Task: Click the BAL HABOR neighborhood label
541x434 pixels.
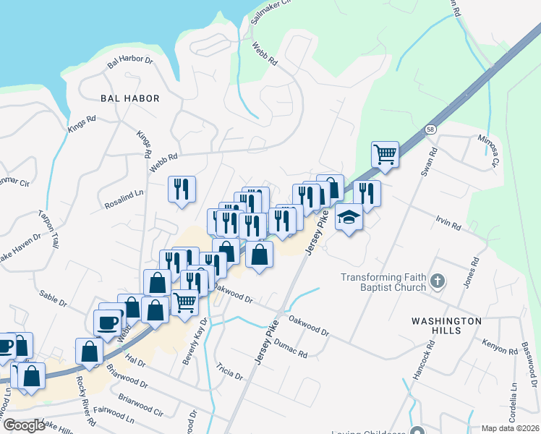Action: [x=130, y=98]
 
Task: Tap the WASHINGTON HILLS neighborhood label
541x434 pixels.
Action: [x=446, y=325]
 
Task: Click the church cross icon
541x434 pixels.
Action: [x=437, y=281]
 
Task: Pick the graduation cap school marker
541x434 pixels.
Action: [x=349, y=216]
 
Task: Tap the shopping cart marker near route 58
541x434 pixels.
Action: [x=385, y=154]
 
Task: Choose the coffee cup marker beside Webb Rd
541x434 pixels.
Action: [x=108, y=323]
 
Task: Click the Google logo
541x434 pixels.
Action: [x=24, y=425]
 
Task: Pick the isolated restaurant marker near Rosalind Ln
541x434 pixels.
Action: [x=182, y=189]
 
